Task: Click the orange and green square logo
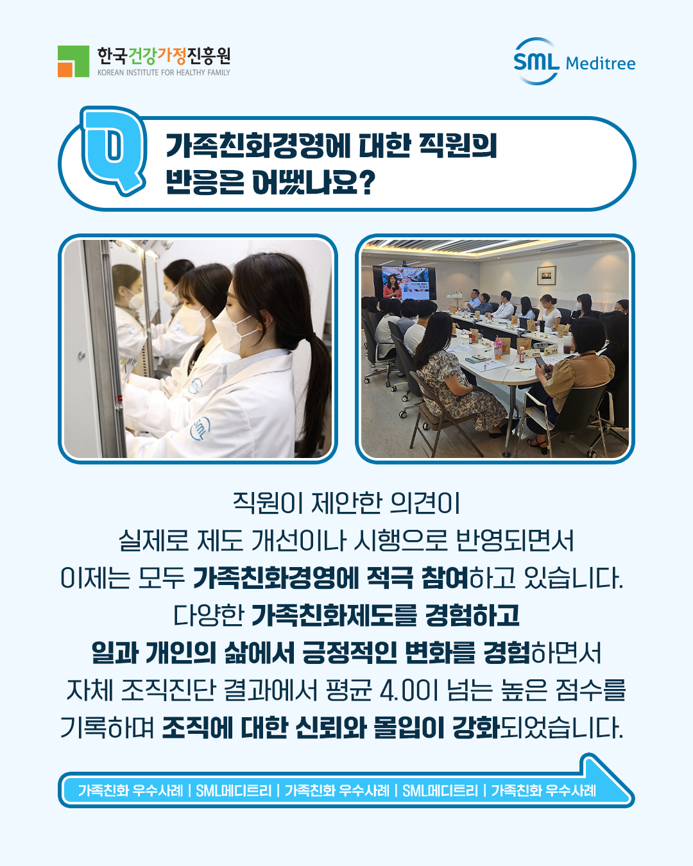(73, 62)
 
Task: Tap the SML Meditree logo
(574, 62)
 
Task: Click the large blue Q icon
(114, 149)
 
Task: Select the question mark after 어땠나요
(366, 182)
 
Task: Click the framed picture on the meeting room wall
(546, 275)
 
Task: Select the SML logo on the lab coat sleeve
(200, 429)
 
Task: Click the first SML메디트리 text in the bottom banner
(234, 790)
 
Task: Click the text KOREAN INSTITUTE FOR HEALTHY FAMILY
(164, 72)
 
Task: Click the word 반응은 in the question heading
(204, 182)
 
